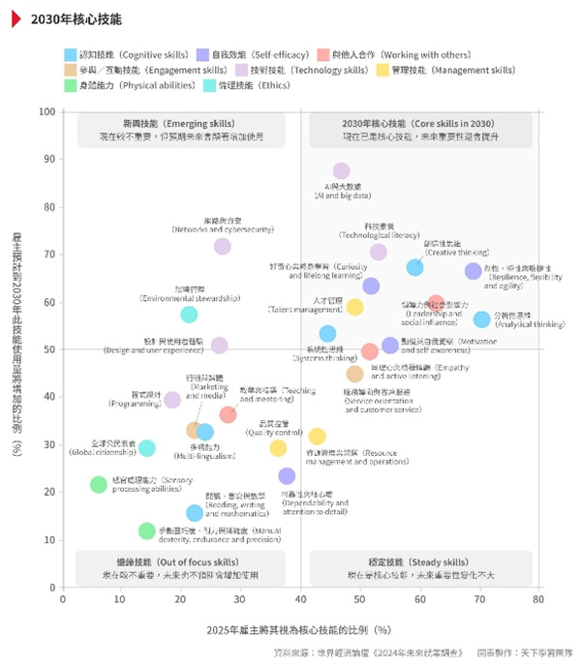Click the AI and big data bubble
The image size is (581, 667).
click(x=341, y=171)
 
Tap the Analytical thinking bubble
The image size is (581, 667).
click(x=482, y=319)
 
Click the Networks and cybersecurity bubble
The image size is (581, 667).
click(x=223, y=246)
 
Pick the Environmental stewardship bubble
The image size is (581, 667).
click(x=189, y=314)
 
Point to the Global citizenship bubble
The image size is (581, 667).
click(x=146, y=447)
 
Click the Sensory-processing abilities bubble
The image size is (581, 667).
click(x=98, y=484)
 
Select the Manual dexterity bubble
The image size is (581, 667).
click(x=146, y=531)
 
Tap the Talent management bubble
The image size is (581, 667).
click(x=355, y=307)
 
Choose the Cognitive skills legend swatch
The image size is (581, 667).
click(x=71, y=55)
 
